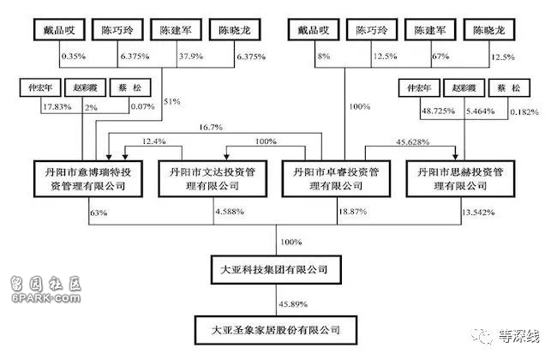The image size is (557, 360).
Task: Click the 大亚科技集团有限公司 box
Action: (x=276, y=270)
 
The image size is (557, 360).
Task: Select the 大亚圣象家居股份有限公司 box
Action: (x=276, y=330)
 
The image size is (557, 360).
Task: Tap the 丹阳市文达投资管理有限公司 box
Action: (x=213, y=179)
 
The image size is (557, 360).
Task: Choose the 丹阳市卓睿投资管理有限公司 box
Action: (x=336, y=179)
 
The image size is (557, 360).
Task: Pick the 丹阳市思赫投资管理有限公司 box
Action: (x=460, y=179)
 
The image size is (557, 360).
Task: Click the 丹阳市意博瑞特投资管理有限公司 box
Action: (x=88, y=179)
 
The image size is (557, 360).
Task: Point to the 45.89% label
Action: (x=293, y=304)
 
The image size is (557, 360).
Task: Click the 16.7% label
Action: (x=211, y=127)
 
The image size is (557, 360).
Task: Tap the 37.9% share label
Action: (x=191, y=57)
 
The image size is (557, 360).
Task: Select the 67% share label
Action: (x=440, y=57)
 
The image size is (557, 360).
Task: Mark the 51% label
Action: (x=172, y=102)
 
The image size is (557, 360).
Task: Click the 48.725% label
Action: (x=439, y=111)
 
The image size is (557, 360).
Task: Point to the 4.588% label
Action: (x=230, y=212)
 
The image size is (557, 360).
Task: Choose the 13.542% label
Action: (x=478, y=213)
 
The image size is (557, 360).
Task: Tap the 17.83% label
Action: (x=57, y=106)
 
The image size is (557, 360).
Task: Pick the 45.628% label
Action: (x=413, y=142)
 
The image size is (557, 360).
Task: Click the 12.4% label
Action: (x=154, y=141)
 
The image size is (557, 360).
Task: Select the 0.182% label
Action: (x=524, y=112)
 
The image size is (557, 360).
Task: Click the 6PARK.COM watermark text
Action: (x=45, y=297)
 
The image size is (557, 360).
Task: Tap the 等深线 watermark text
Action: (x=519, y=336)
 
